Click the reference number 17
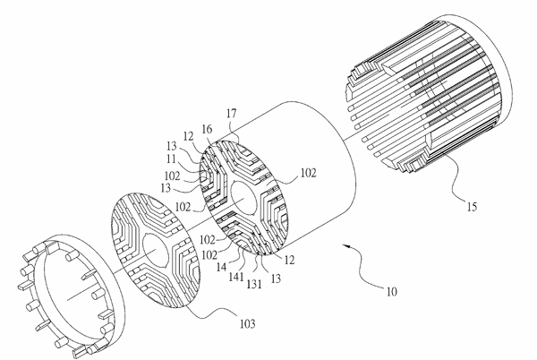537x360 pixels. [x=232, y=114]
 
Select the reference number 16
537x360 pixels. [x=207, y=129]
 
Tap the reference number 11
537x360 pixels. [x=171, y=159]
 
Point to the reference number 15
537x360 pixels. [x=472, y=207]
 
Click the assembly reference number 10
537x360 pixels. [x=391, y=292]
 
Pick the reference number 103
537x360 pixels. [x=247, y=323]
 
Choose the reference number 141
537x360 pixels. [x=236, y=277]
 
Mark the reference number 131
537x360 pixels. [x=254, y=284]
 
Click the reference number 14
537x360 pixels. [x=221, y=267]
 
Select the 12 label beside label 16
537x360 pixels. [x=189, y=136]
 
